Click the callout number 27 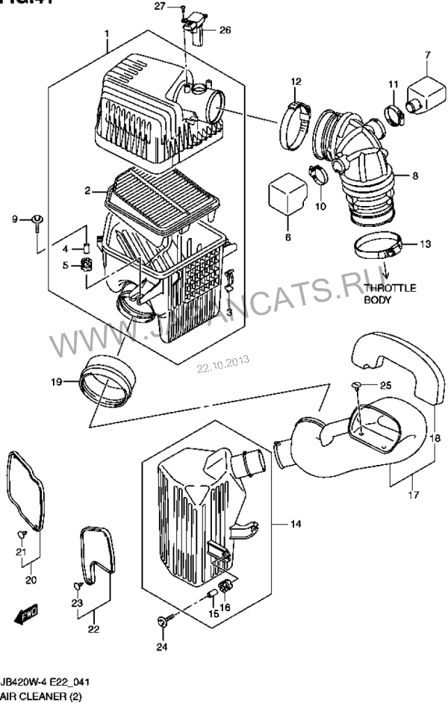pyautogui.click(x=159, y=6)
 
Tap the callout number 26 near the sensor pyautogui.click(x=225, y=31)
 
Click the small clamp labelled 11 pyautogui.click(x=393, y=115)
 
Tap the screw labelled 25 pyautogui.click(x=358, y=385)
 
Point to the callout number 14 pyautogui.click(x=295, y=524)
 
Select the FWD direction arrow pyautogui.click(x=28, y=613)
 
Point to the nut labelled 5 pyautogui.click(x=86, y=264)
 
